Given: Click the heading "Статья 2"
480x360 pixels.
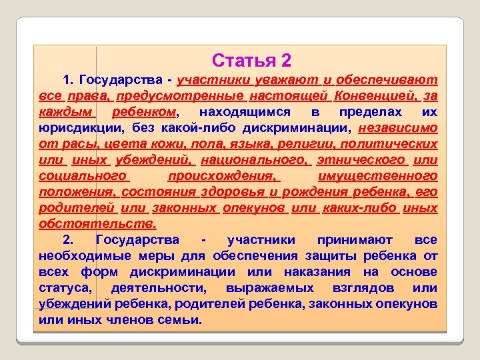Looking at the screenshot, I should [x=251, y=61].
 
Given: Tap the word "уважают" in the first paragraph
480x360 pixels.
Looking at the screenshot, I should [x=278, y=81].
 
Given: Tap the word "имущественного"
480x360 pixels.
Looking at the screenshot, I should [x=378, y=176].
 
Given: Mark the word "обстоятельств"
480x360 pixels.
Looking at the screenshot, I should [x=97, y=224].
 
